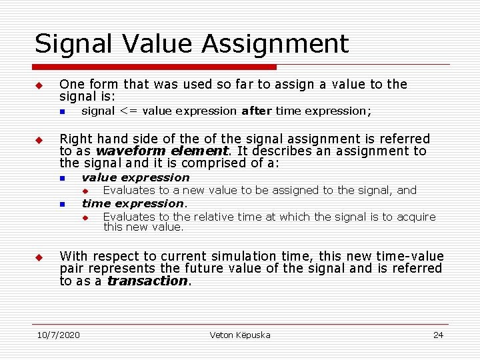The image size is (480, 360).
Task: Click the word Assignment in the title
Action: pos(275,44)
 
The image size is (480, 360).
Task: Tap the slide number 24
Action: pos(438,335)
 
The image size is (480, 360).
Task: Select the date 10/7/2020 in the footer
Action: pos(58,335)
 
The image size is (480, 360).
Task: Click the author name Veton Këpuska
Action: pos(240,335)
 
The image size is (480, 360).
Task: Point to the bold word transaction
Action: pos(147,281)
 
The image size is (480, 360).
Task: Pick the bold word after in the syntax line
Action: pos(256,111)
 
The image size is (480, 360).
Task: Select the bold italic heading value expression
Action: pos(135,177)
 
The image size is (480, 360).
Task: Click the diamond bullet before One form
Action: pos(39,86)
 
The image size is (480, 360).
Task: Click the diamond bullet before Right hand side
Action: pos(39,140)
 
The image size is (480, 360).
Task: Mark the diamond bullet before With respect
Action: pos(39,257)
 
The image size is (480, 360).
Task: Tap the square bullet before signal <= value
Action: pos(61,111)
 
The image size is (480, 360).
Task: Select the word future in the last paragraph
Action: pos(205,268)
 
